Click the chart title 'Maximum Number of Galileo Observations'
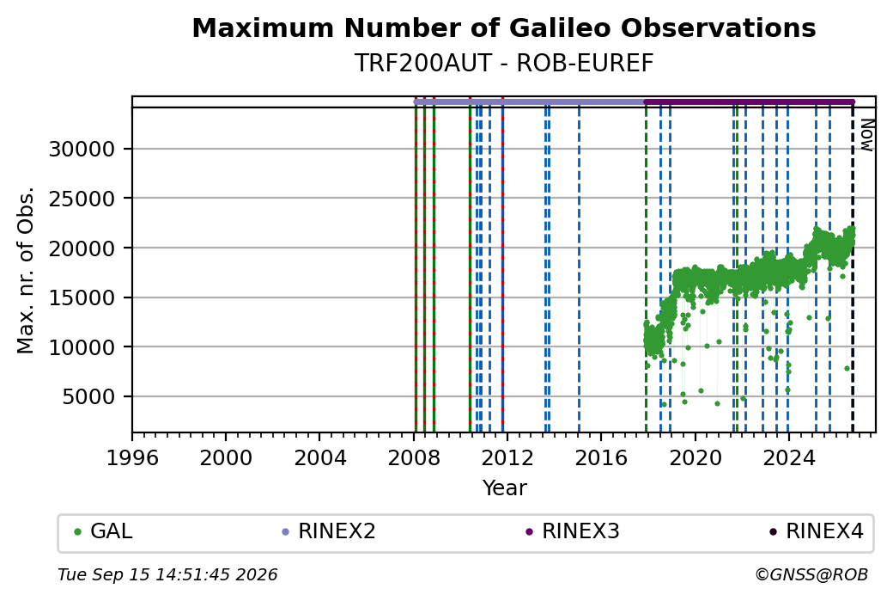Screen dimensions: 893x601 tap(503, 28)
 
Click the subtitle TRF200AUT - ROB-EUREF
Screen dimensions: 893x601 tap(503, 64)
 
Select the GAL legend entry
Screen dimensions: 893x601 tap(103, 531)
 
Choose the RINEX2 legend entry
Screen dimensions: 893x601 tap(329, 531)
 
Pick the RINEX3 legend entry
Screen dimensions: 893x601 tap(573, 531)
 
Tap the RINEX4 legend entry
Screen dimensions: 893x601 tap(817, 531)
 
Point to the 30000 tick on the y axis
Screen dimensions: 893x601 tap(82, 150)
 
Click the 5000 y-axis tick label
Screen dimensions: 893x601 tap(88, 397)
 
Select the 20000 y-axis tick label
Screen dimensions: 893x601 tap(82, 248)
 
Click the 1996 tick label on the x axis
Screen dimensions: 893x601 tap(133, 458)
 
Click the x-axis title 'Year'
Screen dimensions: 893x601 tap(505, 488)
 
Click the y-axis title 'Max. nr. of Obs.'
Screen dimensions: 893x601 tap(26, 270)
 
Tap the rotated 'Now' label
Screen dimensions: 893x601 tap(866, 135)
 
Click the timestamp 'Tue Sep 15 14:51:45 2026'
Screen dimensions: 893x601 tap(167, 574)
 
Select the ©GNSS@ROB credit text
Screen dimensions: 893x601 tap(811, 574)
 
